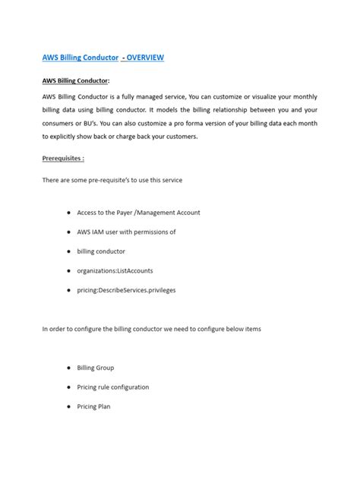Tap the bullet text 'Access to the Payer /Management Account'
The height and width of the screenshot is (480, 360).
pyautogui.click(x=138, y=213)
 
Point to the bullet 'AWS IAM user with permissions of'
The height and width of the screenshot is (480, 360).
pyautogui.click(x=126, y=232)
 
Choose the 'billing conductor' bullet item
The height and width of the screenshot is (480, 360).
pyautogui.click(x=101, y=250)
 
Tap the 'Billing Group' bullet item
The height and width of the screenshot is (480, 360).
pyautogui.click(x=96, y=368)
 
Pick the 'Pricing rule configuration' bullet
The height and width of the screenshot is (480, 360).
pyautogui.click(x=113, y=387)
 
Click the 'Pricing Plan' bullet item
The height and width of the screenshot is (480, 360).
pyautogui.click(x=93, y=406)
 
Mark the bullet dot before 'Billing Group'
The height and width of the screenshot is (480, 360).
pyautogui.click(x=69, y=368)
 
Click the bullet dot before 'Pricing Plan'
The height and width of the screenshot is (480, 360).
pyautogui.click(x=69, y=406)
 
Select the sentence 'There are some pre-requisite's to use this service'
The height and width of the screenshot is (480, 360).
pyautogui.click(x=112, y=179)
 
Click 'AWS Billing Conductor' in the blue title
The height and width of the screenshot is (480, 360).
pyautogui.click(x=80, y=58)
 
